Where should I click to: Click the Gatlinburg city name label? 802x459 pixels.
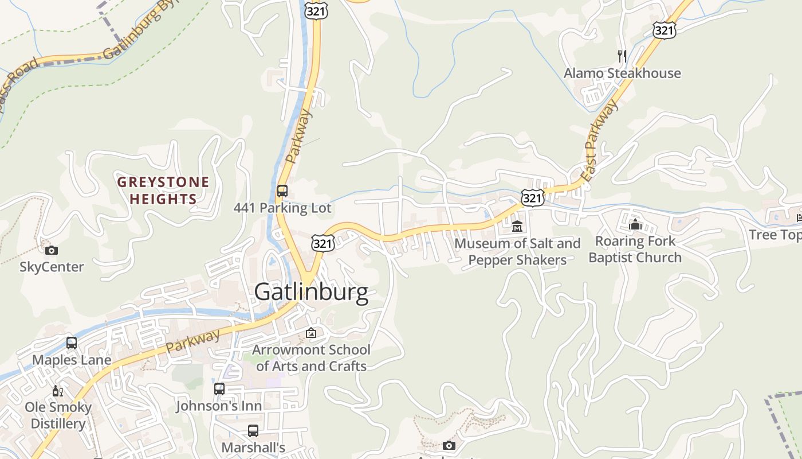point(311,292)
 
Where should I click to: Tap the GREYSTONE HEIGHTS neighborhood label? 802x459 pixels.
point(163,190)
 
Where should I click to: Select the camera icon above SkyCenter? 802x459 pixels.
point(52,250)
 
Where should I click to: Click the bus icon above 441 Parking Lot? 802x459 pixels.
point(282,190)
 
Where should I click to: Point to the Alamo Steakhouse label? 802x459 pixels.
point(622,73)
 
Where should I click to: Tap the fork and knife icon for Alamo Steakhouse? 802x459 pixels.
point(622,56)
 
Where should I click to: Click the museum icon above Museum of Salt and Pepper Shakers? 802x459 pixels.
point(517,227)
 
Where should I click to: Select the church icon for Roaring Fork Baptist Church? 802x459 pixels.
point(635,224)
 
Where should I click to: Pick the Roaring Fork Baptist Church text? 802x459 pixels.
point(635,250)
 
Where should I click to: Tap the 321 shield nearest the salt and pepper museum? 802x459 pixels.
point(532,198)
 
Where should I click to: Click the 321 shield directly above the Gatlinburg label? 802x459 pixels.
point(323,243)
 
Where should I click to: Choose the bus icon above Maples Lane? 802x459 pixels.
point(72,343)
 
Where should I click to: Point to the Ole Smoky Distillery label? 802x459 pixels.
point(58,415)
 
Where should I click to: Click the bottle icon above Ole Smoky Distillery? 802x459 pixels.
point(58,391)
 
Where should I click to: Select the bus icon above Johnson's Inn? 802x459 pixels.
point(219,389)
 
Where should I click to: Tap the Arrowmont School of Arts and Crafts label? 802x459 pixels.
point(311,357)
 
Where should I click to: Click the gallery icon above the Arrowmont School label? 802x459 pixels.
point(311,333)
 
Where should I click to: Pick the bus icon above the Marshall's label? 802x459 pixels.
point(253,430)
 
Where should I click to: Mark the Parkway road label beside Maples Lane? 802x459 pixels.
point(193,341)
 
